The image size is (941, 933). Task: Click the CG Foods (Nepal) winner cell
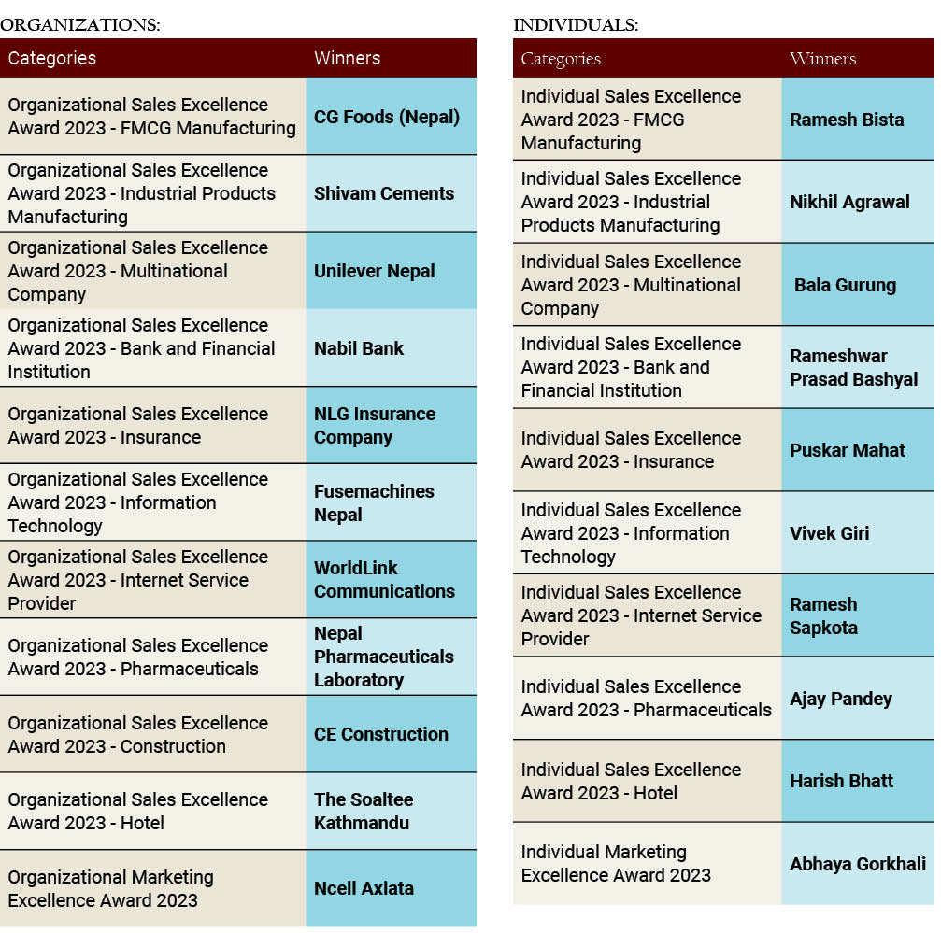point(387,117)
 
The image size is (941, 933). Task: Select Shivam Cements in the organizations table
point(384,193)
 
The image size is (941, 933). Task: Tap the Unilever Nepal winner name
point(375,271)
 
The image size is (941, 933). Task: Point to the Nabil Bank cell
point(359,348)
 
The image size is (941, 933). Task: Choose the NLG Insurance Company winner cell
point(375,425)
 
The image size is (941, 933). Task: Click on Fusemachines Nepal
point(374,502)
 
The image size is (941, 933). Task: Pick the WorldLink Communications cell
point(384,579)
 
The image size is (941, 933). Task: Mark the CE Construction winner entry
point(381,734)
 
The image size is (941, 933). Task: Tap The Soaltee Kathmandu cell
point(364,811)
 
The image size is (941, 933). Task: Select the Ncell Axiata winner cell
point(364,888)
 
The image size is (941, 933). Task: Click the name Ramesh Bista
point(847,120)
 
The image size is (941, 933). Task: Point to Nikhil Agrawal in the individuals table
point(849,202)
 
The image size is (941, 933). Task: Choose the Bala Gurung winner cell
point(845,285)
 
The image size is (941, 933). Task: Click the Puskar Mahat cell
point(848,450)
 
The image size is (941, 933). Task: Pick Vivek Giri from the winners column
point(830,533)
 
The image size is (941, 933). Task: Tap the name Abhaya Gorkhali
point(858,864)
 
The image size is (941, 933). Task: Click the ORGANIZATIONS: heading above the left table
point(80,25)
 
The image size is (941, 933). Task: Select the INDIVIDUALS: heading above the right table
point(576,25)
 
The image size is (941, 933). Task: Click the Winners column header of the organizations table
point(347,58)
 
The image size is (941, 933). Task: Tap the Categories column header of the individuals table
point(561,59)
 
